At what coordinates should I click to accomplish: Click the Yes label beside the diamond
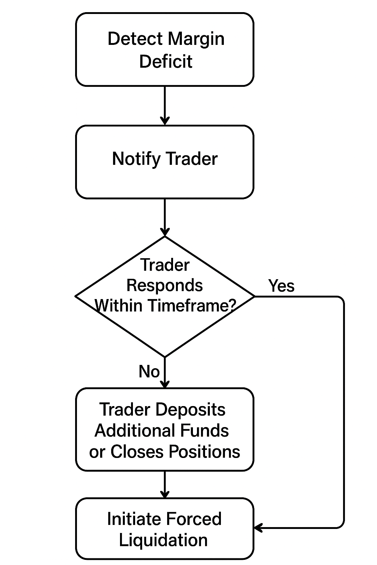[x=281, y=286]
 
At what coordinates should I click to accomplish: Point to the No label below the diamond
[x=149, y=372]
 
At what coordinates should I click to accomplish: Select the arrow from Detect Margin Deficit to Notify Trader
[x=165, y=105]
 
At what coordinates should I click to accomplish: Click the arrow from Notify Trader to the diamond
[x=165, y=217]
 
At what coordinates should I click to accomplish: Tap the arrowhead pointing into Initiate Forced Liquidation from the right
[x=258, y=528]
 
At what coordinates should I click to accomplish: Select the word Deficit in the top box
[x=165, y=61]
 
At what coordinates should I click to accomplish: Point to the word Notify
[x=136, y=159]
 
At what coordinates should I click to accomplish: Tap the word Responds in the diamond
[x=165, y=285]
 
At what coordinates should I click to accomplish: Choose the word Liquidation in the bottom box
[x=163, y=540]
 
